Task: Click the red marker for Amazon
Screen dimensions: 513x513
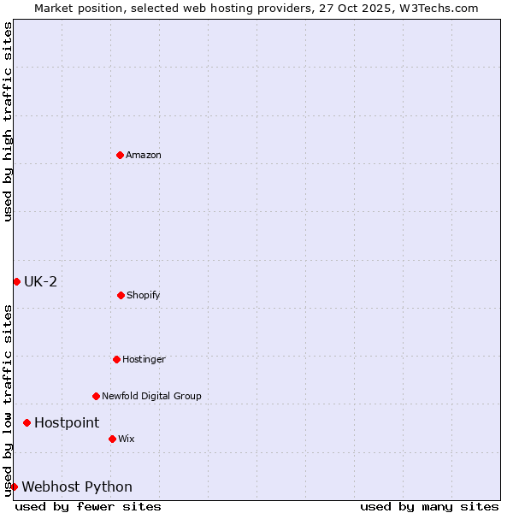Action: (120, 155)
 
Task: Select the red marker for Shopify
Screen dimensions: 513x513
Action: (121, 295)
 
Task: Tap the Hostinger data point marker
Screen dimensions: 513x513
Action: (116, 359)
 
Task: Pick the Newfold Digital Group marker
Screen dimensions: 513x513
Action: (96, 396)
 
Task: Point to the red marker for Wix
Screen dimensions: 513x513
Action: (112, 439)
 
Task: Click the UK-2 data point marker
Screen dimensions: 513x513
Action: (16, 281)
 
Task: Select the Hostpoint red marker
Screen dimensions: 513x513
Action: (27, 422)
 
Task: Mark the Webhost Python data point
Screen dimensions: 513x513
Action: (14, 486)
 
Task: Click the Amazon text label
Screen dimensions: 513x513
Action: (144, 155)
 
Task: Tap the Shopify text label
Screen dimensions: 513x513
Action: (144, 295)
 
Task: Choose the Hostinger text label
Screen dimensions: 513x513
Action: (144, 359)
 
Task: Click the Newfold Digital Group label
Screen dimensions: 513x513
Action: (151, 396)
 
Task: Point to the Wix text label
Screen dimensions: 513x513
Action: (127, 439)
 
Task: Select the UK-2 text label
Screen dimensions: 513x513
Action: (40, 281)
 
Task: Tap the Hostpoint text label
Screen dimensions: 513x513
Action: (67, 422)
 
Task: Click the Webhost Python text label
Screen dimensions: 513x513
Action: (77, 486)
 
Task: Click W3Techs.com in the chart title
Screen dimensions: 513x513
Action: (435, 8)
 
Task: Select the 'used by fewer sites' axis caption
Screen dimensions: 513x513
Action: (88, 506)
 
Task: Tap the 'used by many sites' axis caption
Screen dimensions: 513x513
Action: (429, 506)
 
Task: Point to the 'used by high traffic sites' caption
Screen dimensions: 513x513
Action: (8, 121)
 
